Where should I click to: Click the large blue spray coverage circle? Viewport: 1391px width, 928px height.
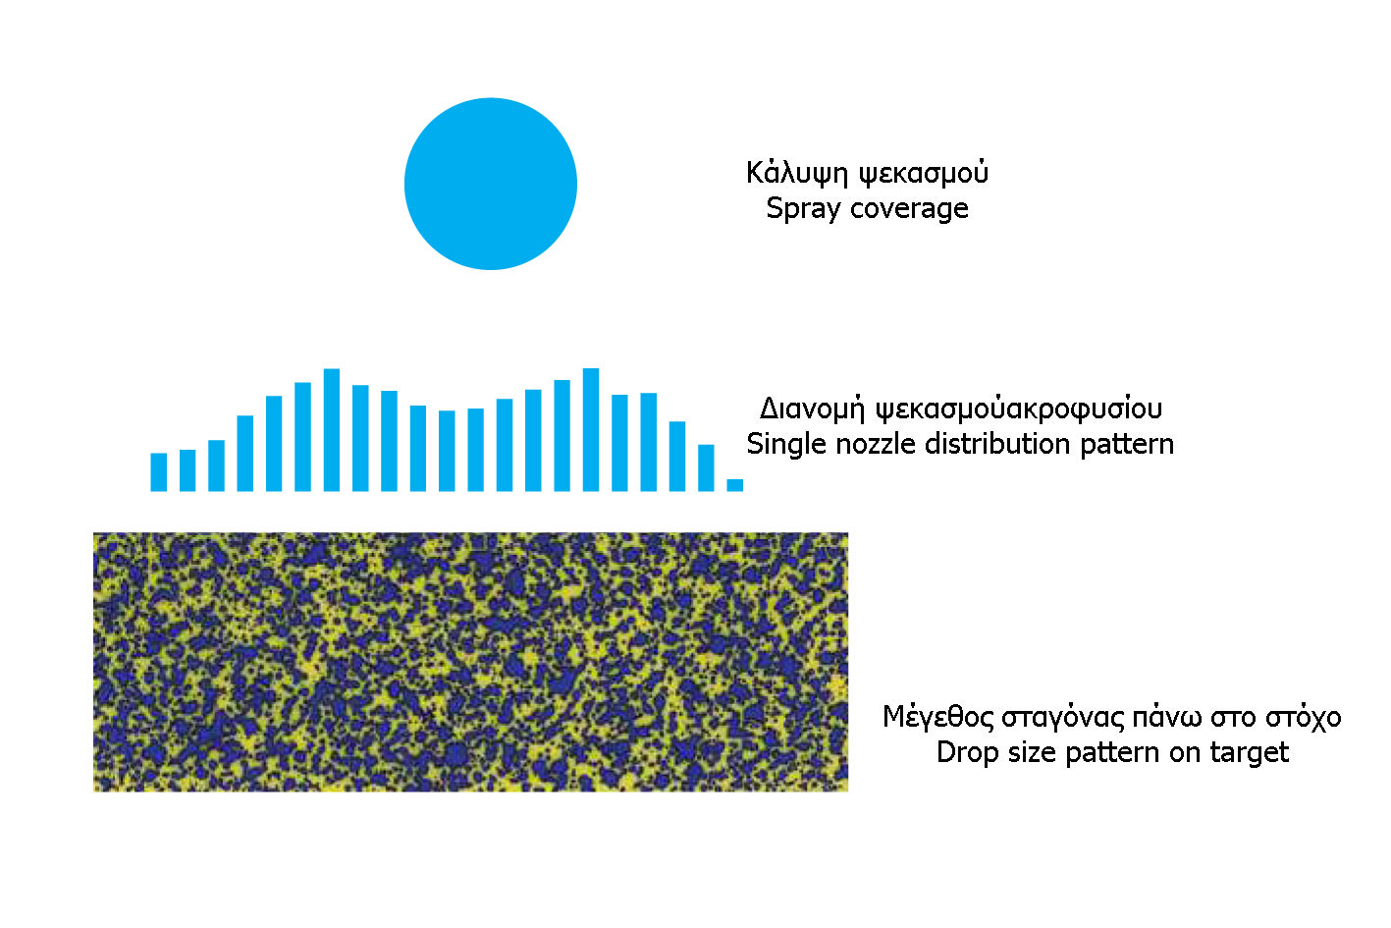[491, 184]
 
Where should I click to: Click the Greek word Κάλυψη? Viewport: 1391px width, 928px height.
[797, 173]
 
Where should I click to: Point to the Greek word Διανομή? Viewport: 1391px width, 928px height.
[812, 409]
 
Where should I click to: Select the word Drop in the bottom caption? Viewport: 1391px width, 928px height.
[967, 753]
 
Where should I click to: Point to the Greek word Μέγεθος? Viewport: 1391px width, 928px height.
[937, 718]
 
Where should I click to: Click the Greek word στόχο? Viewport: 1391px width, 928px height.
[1304, 718]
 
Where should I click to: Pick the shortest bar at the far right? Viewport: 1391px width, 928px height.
[734, 485]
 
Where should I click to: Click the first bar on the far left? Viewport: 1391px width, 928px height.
[158, 472]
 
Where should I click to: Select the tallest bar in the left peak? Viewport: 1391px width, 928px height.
[332, 430]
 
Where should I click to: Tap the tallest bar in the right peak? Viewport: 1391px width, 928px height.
[591, 430]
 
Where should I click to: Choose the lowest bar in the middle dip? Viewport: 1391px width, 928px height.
[447, 451]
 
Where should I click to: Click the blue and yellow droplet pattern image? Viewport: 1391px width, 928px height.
[471, 662]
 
